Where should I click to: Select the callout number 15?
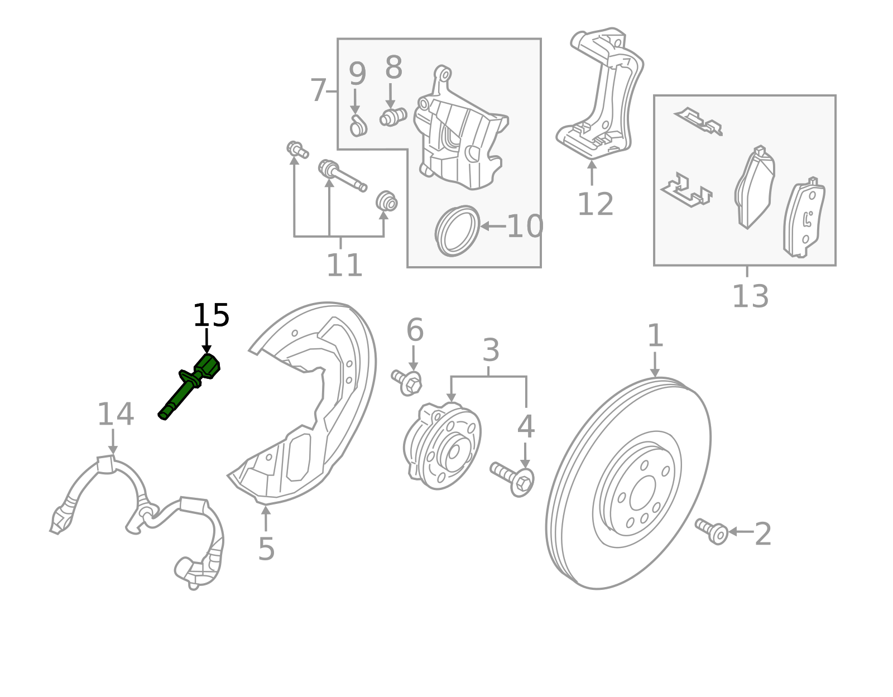point(210,316)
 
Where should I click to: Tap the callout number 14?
point(116,415)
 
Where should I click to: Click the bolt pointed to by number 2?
point(712,531)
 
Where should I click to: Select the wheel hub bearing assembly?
point(442,446)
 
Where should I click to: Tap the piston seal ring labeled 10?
point(457,231)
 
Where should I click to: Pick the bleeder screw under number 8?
point(392,117)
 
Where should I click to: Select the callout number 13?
point(750,296)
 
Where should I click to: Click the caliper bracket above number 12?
point(600,95)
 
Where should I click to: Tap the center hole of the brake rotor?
point(642,493)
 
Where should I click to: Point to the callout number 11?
point(344,265)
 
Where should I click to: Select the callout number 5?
point(266,549)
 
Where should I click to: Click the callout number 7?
point(318,90)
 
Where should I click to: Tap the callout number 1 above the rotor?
point(655,336)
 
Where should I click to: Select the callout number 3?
point(490,350)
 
